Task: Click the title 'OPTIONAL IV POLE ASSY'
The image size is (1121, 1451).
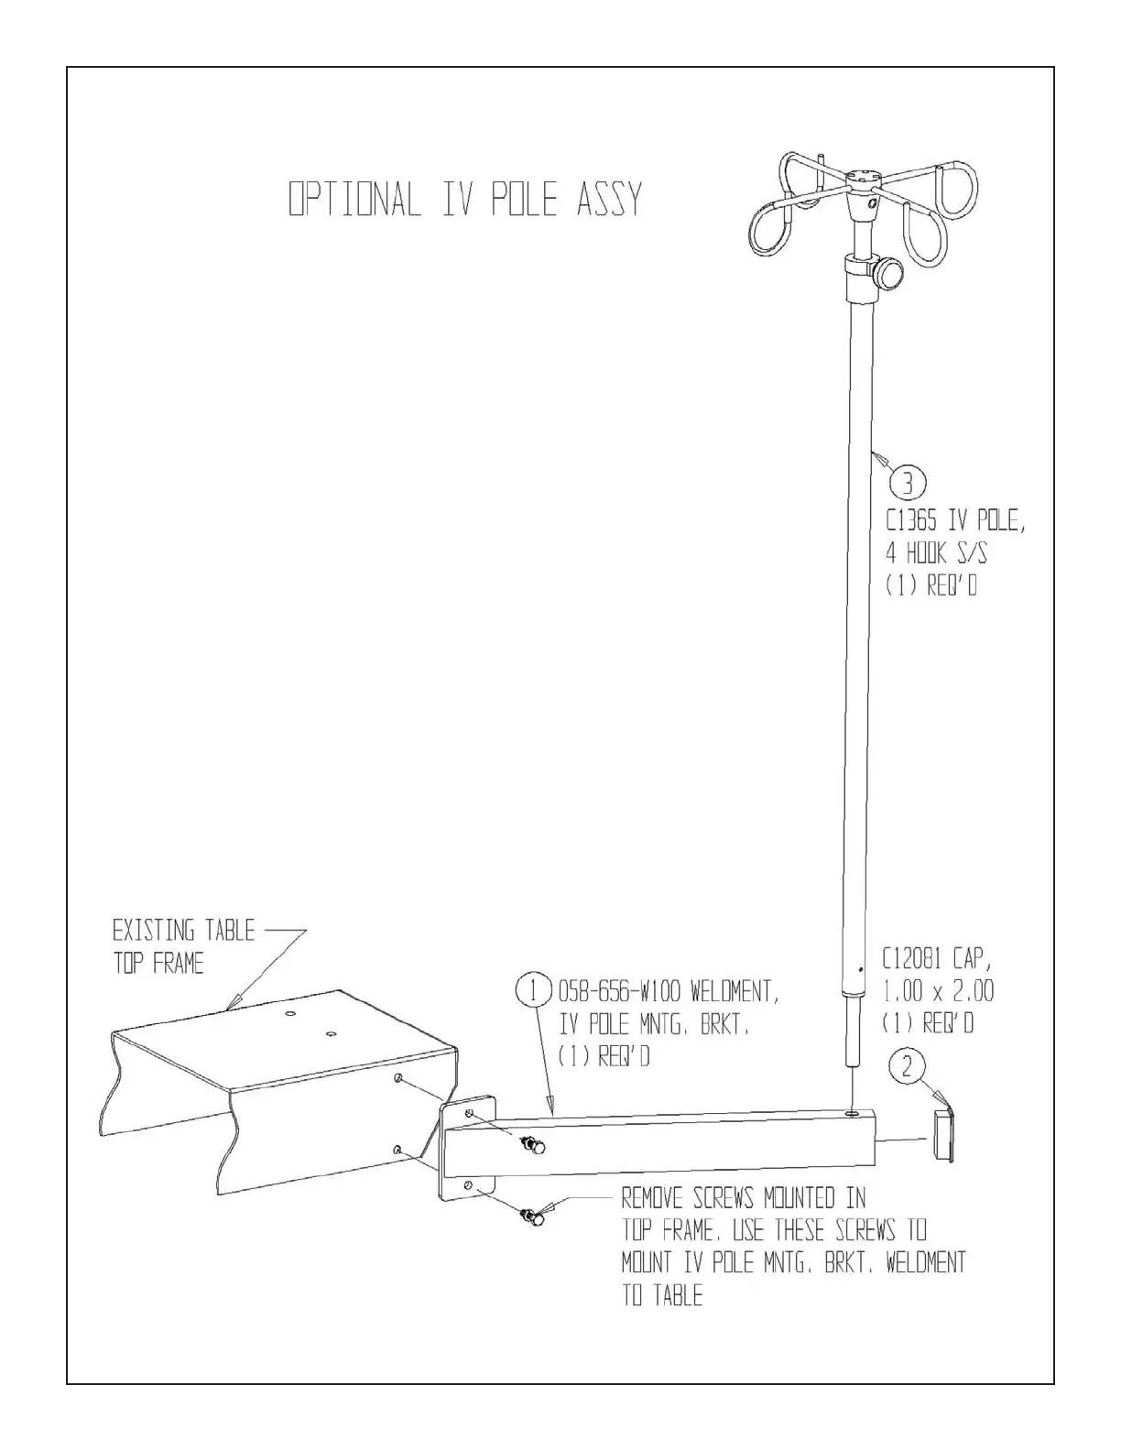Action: [465, 200]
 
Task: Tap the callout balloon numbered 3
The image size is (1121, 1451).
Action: [908, 482]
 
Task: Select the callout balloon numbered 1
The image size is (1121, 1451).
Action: [534, 991]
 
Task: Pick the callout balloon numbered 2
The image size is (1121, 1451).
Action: [907, 1066]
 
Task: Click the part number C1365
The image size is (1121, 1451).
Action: [916, 521]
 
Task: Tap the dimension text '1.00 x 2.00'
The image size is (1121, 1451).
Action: [938, 991]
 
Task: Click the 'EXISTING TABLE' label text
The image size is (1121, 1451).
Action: [183, 932]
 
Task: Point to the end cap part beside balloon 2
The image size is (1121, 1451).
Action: [943, 1136]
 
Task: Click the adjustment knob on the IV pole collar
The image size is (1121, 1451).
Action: [887, 273]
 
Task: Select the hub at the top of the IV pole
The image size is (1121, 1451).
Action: [862, 178]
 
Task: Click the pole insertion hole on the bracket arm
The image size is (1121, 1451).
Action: [853, 1114]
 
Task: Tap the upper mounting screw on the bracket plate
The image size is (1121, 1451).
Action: [530, 1144]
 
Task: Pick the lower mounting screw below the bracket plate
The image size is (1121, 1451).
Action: [531, 1217]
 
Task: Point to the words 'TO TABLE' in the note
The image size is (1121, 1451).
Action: [662, 1296]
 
